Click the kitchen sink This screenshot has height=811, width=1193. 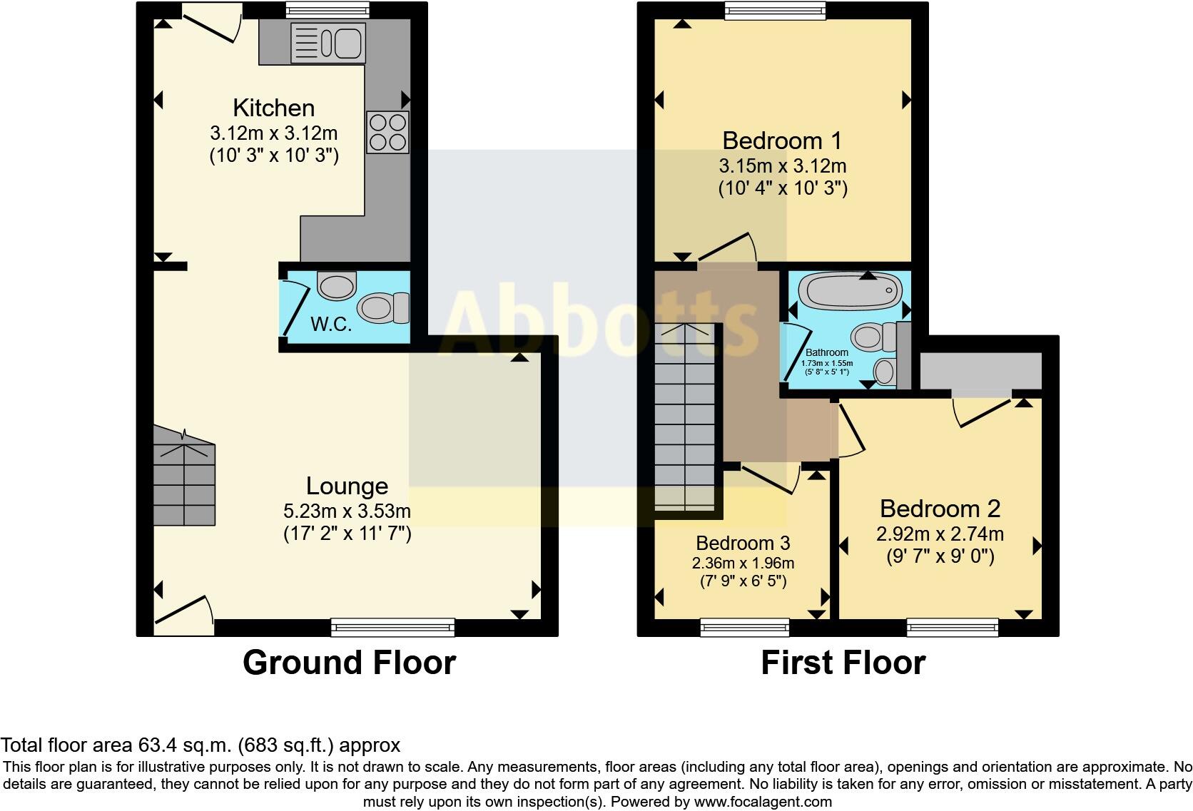click(328, 42)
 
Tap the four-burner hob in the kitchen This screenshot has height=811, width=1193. click(388, 132)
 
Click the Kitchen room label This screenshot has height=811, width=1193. click(274, 108)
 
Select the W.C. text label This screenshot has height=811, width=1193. click(332, 325)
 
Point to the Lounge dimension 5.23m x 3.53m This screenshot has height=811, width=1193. click(347, 511)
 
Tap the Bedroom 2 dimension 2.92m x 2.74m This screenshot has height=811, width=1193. click(940, 534)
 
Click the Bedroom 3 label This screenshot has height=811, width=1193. click(743, 544)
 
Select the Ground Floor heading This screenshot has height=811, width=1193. click(349, 663)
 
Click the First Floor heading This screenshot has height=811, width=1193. click(843, 663)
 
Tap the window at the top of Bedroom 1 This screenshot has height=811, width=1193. click(776, 9)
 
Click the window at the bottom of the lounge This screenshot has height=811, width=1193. click(392, 628)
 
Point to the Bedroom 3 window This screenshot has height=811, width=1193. click(744, 628)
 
